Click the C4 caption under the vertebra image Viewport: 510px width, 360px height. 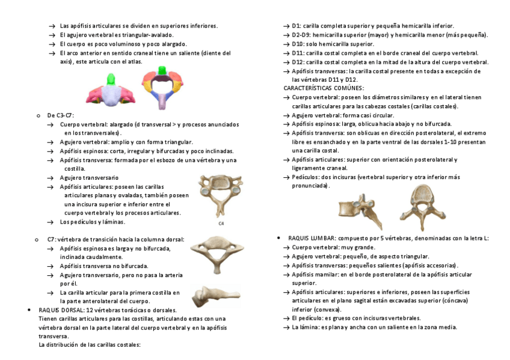point(221,224)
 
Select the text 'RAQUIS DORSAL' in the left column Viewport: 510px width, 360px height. point(60,310)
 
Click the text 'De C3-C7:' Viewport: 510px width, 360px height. point(61,115)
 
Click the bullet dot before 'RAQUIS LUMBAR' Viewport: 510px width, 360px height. point(278,238)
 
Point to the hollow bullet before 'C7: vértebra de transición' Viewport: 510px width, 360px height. point(38,239)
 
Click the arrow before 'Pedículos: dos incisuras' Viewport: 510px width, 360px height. point(287,177)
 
